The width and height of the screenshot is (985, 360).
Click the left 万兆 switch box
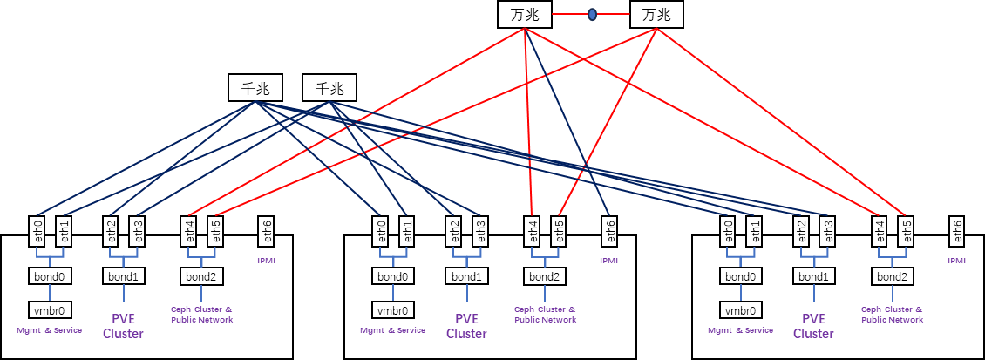(526, 15)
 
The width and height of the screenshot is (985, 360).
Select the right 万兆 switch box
(656, 15)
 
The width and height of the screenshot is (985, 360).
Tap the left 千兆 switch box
(255, 88)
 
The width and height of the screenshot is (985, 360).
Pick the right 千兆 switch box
(329, 88)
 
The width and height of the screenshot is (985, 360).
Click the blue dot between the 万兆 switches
(592, 15)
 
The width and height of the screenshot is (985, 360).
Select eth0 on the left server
(37, 231)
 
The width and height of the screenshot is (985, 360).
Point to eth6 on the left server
(267, 231)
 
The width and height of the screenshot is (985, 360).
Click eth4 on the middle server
(533, 231)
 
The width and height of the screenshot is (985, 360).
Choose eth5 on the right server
(906, 231)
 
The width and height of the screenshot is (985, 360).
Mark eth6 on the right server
(957, 231)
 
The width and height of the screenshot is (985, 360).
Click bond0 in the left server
(50, 277)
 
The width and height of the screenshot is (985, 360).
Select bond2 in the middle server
(545, 277)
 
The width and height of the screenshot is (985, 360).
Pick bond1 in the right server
(814, 277)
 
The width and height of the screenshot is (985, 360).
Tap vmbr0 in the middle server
(394, 310)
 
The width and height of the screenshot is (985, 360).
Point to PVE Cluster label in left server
(123, 326)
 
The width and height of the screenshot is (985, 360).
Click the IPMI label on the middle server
(609, 260)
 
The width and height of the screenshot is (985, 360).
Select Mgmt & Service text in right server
(740, 330)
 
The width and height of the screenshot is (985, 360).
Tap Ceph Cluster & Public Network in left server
(202, 315)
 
